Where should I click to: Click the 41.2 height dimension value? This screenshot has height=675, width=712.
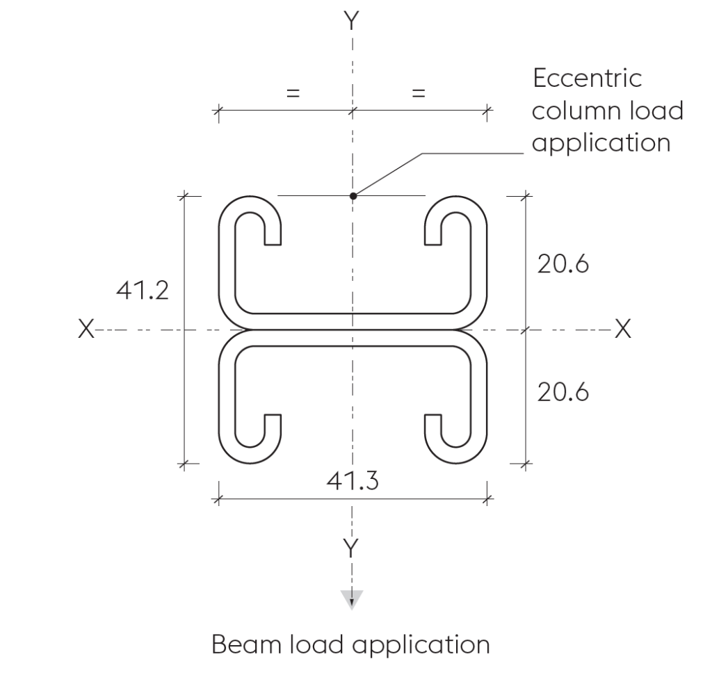(x=142, y=291)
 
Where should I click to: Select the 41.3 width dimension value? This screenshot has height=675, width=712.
(x=353, y=481)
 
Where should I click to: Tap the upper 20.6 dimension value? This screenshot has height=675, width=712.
(x=563, y=264)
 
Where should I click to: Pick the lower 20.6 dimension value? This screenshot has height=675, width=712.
(x=563, y=392)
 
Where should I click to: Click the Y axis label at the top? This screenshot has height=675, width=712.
(x=351, y=20)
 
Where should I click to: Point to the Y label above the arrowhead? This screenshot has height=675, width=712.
(x=351, y=548)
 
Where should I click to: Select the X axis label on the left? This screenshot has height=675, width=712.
(x=86, y=329)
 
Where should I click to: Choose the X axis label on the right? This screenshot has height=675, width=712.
(x=623, y=329)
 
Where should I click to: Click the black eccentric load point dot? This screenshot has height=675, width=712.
(x=353, y=195)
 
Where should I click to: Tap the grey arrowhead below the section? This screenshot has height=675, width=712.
(x=352, y=599)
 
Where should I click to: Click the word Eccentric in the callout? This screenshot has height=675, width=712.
(x=587, y=78)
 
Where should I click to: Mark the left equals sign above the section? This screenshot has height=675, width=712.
(x=293, y=94)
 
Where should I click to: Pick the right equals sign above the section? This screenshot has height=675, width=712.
(x=418, y=94)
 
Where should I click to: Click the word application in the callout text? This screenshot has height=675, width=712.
(x=601, y=143)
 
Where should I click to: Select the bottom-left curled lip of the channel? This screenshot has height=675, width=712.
(x=250, y=439)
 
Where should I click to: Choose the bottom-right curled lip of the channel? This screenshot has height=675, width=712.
(x=456, y=439)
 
